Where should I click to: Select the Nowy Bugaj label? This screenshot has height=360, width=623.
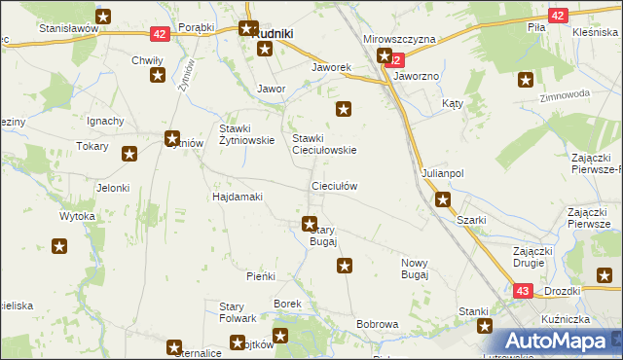(415, 270)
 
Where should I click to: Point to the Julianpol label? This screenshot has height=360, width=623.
(443, 173)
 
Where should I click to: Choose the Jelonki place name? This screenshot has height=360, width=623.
(113, 188)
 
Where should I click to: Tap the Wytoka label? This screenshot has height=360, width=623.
(77, 215)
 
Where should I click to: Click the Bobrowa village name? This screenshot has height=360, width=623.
(378, 324)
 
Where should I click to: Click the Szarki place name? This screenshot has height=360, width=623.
(472, 220)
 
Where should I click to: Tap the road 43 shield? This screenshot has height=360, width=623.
(522, 291)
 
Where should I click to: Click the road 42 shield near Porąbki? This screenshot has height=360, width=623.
(162, 34)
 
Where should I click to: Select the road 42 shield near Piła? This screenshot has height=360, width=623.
(557, 16)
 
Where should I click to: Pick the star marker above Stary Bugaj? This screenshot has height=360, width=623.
(310, 224)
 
